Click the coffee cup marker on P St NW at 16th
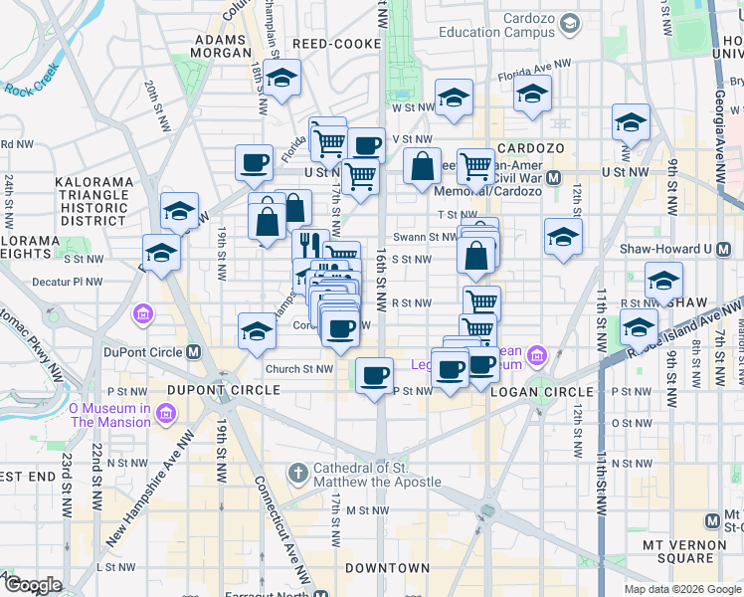point(375,376)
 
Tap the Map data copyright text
point(682,589)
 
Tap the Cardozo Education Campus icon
point(570,22)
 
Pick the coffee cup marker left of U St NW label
point(254,161)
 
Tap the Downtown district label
point(387,568)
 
